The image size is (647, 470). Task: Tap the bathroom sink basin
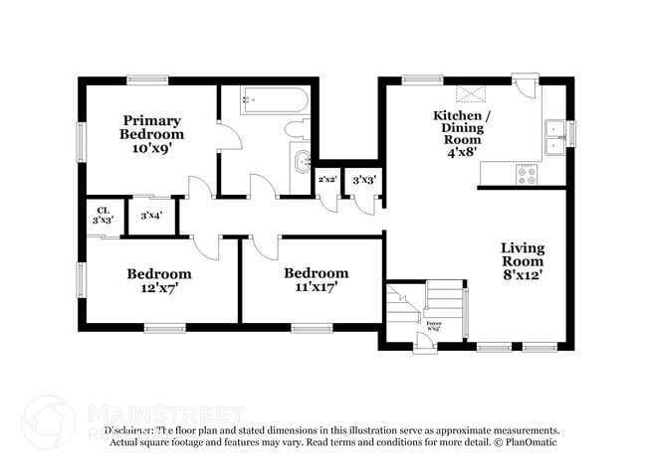coord(301,160)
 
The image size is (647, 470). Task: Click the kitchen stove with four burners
coord(526,175)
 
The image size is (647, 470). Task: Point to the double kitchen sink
coord(554,138)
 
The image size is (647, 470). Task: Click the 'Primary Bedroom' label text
coord(151,127)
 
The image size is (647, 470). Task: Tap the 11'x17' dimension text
coord(316,288)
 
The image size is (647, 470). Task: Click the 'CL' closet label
coord(103,210)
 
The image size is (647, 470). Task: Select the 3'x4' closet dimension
coord(151,215)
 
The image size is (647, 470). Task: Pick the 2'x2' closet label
coord(326,180)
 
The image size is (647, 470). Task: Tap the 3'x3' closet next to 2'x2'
coord(364,180)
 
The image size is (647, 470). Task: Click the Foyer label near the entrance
coord(434,323)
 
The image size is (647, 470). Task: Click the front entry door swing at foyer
coord(425,343)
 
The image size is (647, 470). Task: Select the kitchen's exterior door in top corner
coord(526,87)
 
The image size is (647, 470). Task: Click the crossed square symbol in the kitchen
coord(468,93)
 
